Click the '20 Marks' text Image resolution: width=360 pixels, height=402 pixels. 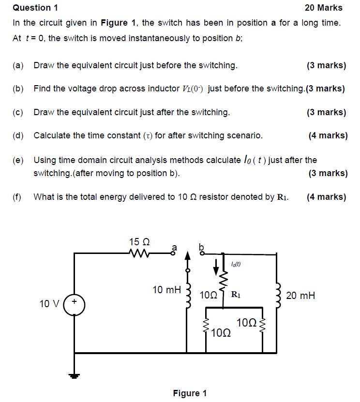coord(323,8)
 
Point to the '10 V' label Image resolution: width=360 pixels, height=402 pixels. coord(49,304)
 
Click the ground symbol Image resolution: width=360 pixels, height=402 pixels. coord(75,375)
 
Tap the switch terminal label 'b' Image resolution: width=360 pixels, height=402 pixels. coord(202,246)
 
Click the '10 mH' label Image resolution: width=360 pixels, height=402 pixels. coord(166,290)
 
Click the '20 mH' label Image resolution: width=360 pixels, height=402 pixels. coord(300,295)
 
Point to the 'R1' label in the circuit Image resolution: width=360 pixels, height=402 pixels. coord(237,294)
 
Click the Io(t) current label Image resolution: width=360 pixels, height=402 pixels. coord(236,264)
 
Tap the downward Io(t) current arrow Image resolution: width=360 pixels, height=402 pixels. coord(216,265)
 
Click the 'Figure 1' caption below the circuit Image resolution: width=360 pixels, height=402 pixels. coord(190,393)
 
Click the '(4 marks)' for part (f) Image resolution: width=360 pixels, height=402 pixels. coord(327,197)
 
